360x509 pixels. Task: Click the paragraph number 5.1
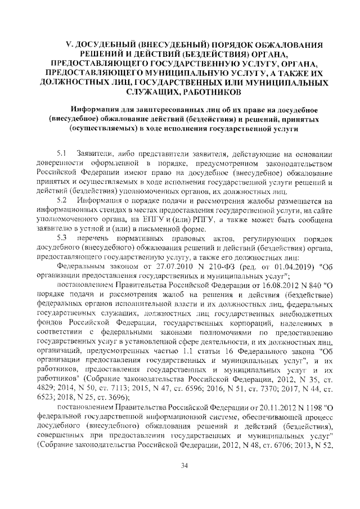click(62, 154)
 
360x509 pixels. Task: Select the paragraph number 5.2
click(62, 201)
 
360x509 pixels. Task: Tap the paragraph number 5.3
click(62, 239)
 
